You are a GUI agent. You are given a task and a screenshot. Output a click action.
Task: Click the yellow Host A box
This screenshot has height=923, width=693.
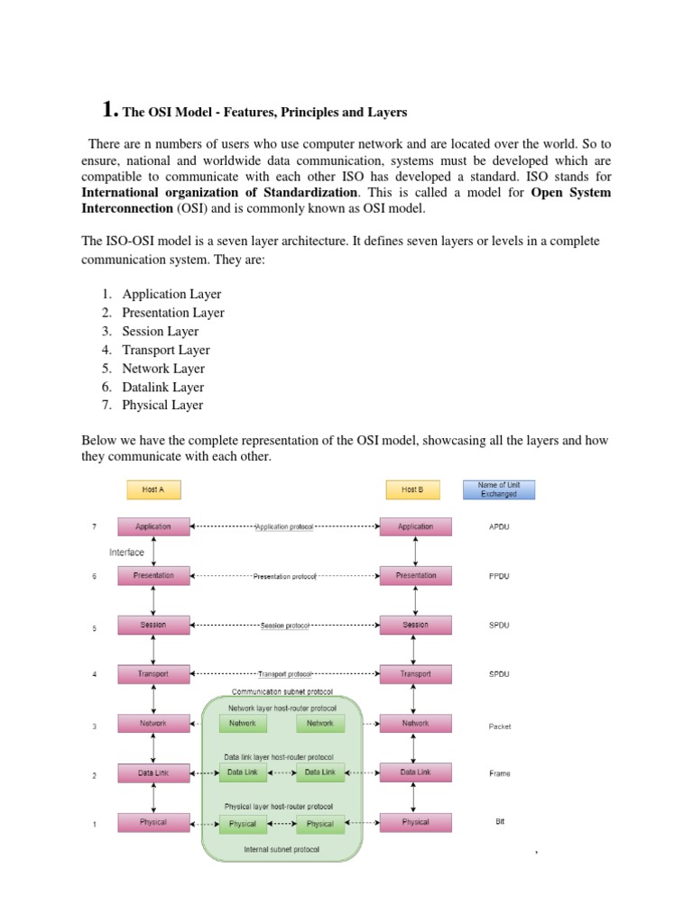click(x=153, y=489)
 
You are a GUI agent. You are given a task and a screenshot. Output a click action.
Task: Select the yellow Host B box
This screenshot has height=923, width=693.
click(x=410, y=489)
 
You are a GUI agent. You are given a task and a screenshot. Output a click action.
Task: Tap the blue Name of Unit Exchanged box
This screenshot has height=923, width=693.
click(x=498, y=489)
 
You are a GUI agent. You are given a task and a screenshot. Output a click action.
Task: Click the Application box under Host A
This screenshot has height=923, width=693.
click(x=153, y=526)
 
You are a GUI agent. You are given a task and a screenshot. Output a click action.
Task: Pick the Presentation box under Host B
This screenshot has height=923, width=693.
click(x=415, y=575)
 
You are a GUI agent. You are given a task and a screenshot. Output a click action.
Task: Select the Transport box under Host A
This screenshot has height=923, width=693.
click(x=153, y=673)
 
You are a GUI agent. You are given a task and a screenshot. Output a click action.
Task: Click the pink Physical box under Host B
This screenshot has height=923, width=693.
click(x=415, y=822)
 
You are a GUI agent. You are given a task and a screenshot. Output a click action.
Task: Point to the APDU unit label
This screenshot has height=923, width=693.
click(x=499, y=526)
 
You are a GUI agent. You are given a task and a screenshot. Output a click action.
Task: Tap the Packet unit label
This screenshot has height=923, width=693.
click(x=499, y=726)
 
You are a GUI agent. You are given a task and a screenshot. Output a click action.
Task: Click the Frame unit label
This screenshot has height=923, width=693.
click(x=499, y=773)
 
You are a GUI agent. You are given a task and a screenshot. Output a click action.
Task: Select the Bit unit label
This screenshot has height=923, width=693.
click(x=499, y=822)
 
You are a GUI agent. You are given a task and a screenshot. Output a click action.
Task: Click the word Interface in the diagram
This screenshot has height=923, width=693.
click(x=126, y=553)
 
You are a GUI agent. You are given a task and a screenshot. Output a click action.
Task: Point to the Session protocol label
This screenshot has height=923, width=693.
click(x=284, y=625)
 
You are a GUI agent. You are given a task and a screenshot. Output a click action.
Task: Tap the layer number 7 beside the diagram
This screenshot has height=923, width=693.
click(x=94, y=526)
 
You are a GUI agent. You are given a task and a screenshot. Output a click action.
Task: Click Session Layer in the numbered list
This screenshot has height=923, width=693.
click(x=161, y=331)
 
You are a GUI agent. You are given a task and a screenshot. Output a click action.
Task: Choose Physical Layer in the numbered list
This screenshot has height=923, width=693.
click(x=162, y=405)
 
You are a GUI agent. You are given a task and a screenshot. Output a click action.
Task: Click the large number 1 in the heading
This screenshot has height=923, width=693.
click(x=110, y=110)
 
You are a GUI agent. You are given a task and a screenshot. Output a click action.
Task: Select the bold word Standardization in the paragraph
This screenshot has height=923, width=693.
click(x=303, y=193)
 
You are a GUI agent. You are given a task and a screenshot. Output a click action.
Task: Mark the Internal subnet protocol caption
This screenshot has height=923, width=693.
click(x=282, y=849)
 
